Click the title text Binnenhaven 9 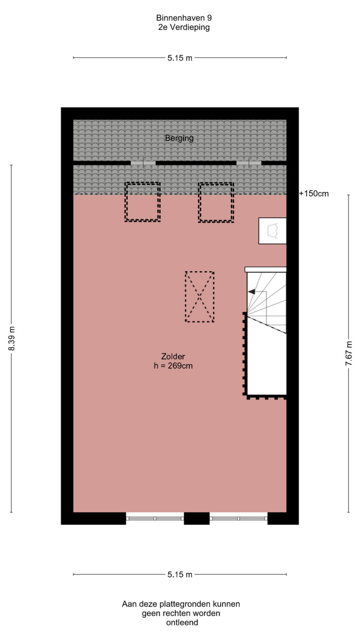[x=184, y=18]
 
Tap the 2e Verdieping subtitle [x=184, y=27]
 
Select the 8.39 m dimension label [x=12, y=339]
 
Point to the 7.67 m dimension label [x=348, y=353]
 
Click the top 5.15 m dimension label [x=180, y=58]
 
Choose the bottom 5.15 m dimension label [x=180, y=575]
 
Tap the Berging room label [x=179, y=138]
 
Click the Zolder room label [x=173, y=356]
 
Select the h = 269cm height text [x=173, y=366]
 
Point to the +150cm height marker [x=314, y=193]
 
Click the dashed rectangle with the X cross [x=200, y=297]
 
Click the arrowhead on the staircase [x=251, y=292]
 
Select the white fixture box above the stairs [x=272, y=231]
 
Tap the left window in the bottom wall [x=155, y=518]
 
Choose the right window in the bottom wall [x=239, y=518]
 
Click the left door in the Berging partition [x=143, y=163]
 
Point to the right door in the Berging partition [x=249, y=163]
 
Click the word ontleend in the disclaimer [x=182, y=622]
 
